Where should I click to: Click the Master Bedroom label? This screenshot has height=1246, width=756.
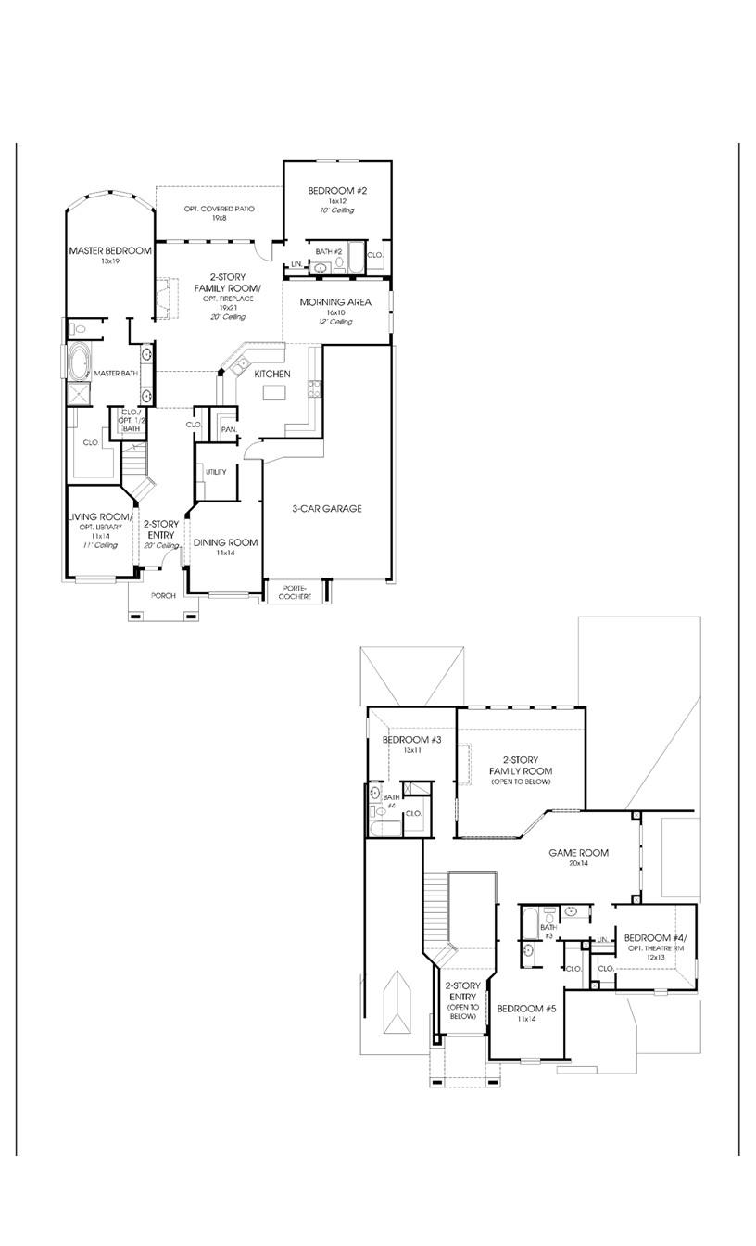click(x=109, y=250)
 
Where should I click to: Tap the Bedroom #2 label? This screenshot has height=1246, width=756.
click(x=337, y=191)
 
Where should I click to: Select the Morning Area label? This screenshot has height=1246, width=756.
click(x=335, y=302)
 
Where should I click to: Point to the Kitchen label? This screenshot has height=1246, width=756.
click(x=272, y=374)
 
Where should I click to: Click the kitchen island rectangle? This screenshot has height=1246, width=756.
click(x=274, y=393)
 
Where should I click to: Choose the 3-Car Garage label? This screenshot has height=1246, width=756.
click(x=326, y=508)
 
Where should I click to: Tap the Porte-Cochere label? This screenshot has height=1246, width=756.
click(x=296, y=592)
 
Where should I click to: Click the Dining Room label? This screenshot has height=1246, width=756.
click(x=225, y=542)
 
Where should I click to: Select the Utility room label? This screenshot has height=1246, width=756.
click(x=216, y=472)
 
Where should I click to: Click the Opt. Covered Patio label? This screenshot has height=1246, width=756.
click(x=219, y=210)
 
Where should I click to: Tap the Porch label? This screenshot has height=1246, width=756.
click(x=163, y=595)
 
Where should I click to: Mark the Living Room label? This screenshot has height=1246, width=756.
click(x=100, y=517)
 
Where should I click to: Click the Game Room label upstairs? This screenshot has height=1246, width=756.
click(x=578, y=852)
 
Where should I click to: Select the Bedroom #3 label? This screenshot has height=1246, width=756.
click(x=411, y=739)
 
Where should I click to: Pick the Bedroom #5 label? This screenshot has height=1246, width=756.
click(x=526, y=1008)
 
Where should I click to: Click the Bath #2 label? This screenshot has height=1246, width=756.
click(x=329, y=251)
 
